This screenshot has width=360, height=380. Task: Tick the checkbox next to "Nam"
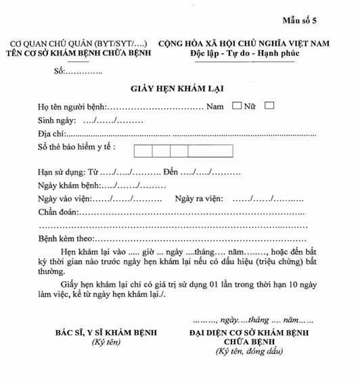coord(236,105)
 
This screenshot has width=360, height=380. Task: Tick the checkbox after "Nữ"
coord(269,105)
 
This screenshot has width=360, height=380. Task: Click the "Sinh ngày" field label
coord(58,120)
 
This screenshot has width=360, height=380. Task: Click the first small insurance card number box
coord(143,151)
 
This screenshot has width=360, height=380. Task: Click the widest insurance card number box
coord(210,151)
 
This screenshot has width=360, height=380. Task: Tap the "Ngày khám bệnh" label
coord(68,185)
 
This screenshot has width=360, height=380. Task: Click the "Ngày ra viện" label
coord(200,199)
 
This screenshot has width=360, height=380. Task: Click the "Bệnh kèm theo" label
coord(66,239)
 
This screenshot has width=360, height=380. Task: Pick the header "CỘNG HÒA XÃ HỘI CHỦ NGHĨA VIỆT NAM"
coord(244,43)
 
